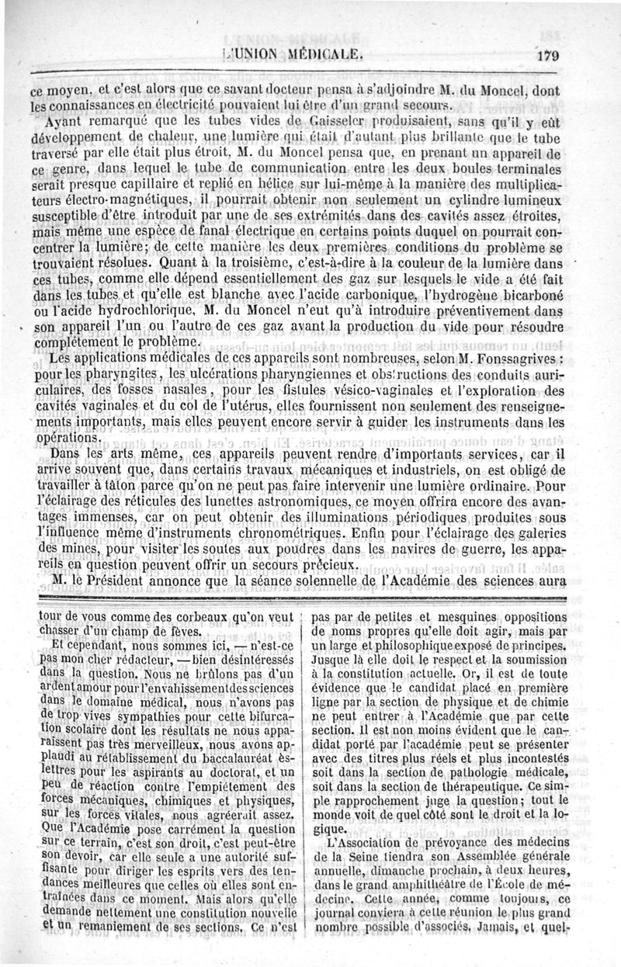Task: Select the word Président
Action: [x=139, y=582]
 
